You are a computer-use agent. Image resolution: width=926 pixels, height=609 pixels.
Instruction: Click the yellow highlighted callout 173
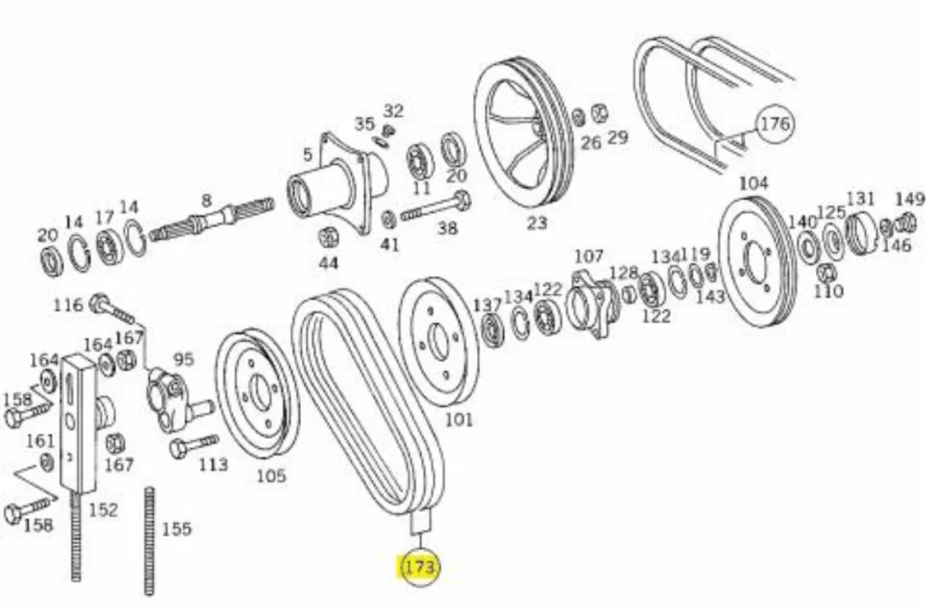[420, 566]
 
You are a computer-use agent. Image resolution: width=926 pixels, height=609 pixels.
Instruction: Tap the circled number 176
[774, 124]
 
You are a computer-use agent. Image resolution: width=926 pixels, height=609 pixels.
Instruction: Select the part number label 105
[271, 475]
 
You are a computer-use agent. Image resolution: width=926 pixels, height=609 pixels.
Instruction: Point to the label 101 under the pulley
[459, 419]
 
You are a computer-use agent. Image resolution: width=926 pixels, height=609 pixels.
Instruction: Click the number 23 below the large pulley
[537, 223]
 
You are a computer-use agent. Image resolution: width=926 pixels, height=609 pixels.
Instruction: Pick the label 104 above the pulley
[754, 183]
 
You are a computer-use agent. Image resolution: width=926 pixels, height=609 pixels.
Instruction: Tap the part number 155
[177, 528]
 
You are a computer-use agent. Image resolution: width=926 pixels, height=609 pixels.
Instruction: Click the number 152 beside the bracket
[104, 510]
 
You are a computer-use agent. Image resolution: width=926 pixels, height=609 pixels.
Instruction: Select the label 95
[183, 359]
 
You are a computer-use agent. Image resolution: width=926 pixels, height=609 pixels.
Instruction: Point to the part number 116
[68, 305]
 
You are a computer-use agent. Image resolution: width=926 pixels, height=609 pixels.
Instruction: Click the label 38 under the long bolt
[447, 227]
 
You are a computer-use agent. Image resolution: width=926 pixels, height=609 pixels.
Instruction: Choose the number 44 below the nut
[329, 263]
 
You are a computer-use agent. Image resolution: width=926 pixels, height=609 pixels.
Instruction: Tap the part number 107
[589, 256]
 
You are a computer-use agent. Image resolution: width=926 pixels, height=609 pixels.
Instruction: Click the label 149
[909, 200]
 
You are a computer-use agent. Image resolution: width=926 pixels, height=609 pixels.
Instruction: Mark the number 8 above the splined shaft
[206, 201]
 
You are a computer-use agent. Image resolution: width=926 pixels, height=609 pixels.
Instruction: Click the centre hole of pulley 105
[259, 391]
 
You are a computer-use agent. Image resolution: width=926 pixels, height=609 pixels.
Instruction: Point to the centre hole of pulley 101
[438, 343]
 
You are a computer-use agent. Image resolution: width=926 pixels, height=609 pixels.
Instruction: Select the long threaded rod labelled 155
[149, 541]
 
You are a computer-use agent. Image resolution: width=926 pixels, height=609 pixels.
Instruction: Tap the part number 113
[213, 465]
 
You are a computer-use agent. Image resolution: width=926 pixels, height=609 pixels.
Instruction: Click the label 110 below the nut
[829, 291]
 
